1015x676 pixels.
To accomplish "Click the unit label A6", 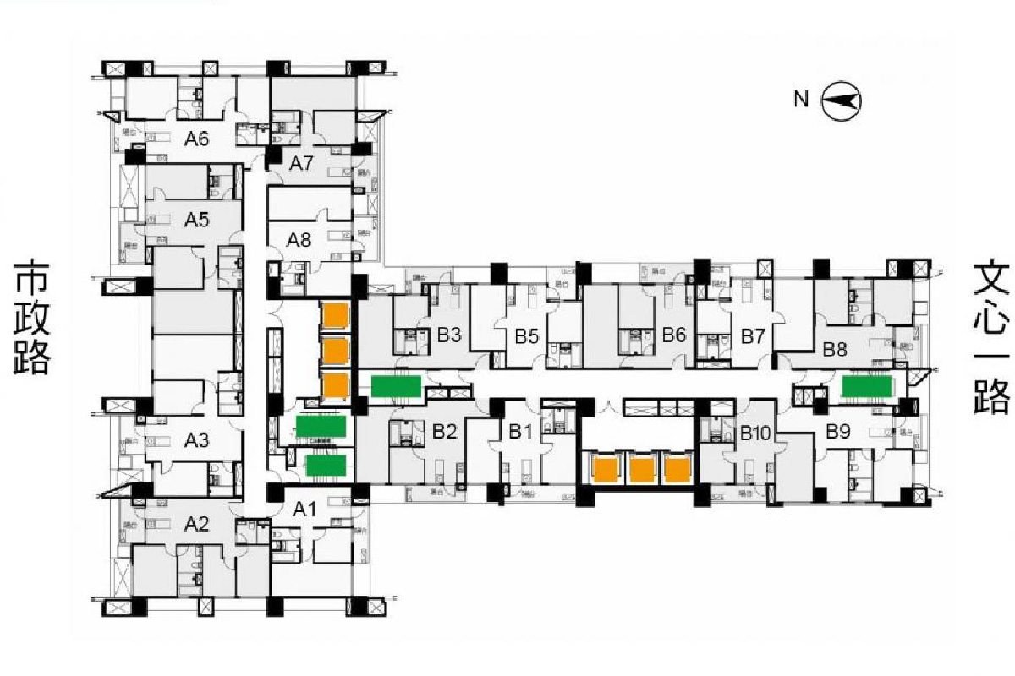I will coord(196,139).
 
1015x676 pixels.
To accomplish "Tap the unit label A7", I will coord(302,163).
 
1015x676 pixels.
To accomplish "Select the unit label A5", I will coord(196,221).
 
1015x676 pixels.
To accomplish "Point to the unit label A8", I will coord(299,239).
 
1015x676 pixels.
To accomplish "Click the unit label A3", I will coord(196,439).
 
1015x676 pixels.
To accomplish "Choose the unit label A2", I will coord(196,525).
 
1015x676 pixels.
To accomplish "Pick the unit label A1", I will coord(303,510).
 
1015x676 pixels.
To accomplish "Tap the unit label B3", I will coord(449,335).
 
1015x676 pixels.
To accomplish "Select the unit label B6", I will coord(673,335).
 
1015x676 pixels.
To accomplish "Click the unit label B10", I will coord(754,434).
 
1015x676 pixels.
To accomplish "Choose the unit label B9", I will coord(837,432).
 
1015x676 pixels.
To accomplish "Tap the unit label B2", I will coord(445,432).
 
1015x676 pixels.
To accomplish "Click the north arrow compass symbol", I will coord(842,101).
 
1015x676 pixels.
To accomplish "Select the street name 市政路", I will coord(32,317).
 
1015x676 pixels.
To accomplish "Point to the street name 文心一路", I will coord(990,338).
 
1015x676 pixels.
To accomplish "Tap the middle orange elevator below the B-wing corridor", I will coord(643,469).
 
